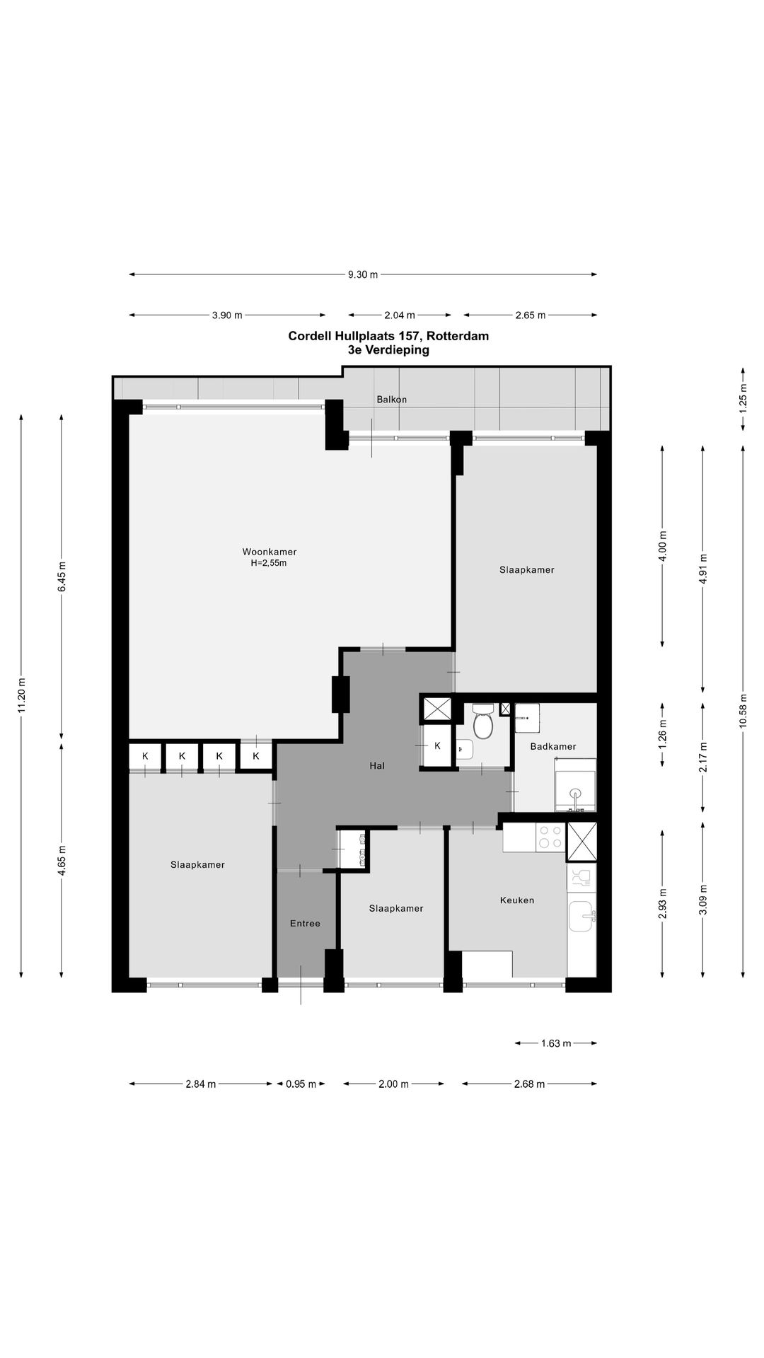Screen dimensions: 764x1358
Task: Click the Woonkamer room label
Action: pos(269,552)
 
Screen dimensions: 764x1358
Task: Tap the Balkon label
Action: pos(391,400)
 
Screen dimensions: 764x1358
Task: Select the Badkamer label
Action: pos(553,746)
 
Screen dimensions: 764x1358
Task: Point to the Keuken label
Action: pos(516,900)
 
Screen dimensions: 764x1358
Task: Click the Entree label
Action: pos(305,923)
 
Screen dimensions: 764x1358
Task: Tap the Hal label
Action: pos(377,765)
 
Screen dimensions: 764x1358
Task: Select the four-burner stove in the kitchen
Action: pos(550,837)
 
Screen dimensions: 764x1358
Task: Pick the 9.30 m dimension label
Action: pos(363,275)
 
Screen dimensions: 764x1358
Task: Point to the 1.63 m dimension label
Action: pos(556,1043)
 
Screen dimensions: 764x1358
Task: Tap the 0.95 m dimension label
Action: pos(301,1084)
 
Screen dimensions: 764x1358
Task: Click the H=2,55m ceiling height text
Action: pos(269,564)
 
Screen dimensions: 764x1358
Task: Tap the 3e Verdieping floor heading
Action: pos(388,349)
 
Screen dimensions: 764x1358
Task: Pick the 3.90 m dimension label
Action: pos(227,315)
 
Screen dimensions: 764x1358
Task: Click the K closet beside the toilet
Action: pos(437,745)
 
